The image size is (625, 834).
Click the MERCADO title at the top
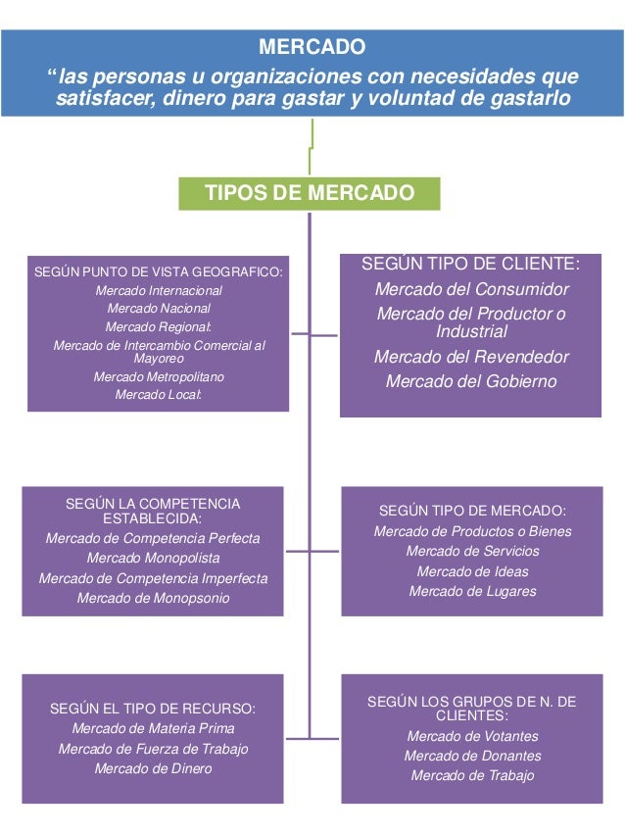(x=312, y=46)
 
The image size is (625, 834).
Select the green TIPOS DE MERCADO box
(x=310, y=193)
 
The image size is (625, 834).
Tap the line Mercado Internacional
(x=158, y=290)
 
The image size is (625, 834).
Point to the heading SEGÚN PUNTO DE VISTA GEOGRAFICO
(x=158, y=271)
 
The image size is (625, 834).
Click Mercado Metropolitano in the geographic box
(x=158, y=376)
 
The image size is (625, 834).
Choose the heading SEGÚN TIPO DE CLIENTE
(x=470, y=265)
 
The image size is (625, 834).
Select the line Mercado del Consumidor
(x=471, y=289)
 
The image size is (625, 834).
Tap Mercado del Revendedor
(x=471, y=357)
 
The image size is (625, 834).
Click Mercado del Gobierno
(x=471, y=381)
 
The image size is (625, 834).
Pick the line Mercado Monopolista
(x=153, y=558)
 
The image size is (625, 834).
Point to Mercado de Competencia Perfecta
(x=153, y=538)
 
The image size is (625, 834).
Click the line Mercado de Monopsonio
(x=153, y=598)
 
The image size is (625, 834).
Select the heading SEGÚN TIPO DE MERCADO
(x=472, y=511)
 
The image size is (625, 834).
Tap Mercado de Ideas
(x=472, y=571)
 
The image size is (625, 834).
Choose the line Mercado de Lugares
(x=472, y=591)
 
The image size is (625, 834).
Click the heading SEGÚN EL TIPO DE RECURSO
(x=153, y=708)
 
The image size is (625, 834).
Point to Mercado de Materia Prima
(x=153, y=728)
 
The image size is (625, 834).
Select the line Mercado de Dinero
(x=153, y=768)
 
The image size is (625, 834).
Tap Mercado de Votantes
(x=472, y=736)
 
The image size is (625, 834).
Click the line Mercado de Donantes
(x=472, y=756)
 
